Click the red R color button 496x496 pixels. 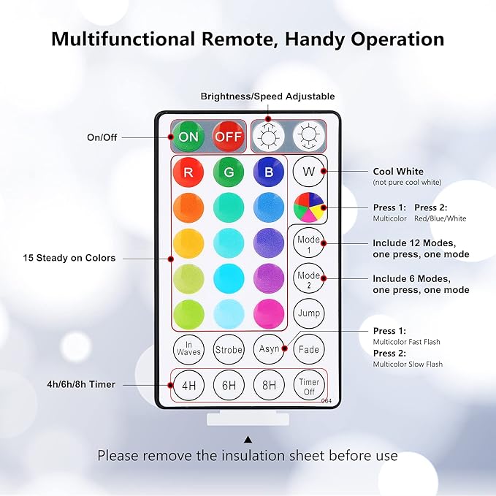coord(188,172)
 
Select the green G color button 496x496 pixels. coord(229,172)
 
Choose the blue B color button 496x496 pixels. coord(268,172)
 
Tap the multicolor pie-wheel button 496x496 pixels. coord(308,207)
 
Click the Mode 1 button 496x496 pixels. coord(308,243)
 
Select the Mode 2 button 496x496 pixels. coord(308,278)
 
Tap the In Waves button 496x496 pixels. coord(188,349)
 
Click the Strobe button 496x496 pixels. coord(229,349)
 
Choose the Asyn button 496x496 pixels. coord(269,349)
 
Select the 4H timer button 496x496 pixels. coord(188,386)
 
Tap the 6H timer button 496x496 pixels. coord(229,386)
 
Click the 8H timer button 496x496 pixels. coord(269,386)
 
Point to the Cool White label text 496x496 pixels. coord(398,172)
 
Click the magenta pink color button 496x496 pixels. coord(268,313)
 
